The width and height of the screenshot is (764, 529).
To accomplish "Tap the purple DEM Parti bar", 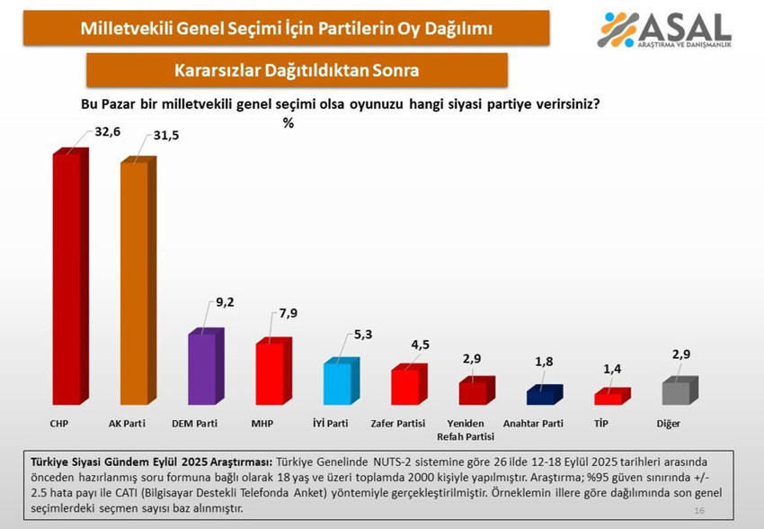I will [202, 369].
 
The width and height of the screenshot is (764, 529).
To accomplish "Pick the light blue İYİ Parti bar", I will [338, 384].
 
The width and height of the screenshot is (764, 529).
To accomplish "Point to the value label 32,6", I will [107, 132].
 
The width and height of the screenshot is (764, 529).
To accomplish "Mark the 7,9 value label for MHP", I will [289, 312].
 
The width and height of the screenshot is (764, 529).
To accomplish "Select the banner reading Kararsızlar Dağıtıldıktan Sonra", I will [298, 70].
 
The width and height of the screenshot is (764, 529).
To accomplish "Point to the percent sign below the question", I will [289, 123].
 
